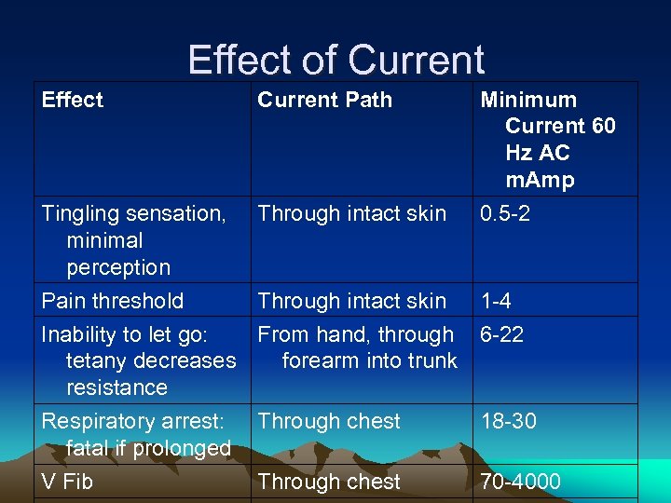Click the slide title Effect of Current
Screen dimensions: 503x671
tap(335, 61)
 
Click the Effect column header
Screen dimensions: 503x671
tap(73, 100)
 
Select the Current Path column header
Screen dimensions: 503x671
tap(324, 100)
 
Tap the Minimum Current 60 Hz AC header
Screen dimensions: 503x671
tap(547, 139)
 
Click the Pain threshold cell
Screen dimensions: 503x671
tap(112, 301)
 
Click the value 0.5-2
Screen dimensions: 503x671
tap(505, 213)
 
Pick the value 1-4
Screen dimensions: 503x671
tap(496, 301)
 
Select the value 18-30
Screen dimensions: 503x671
tap(508, 421)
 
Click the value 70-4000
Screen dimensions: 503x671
tap(520, 482)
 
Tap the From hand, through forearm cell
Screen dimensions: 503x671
tap(357, 347)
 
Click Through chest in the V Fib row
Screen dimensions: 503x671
tap(329, 482)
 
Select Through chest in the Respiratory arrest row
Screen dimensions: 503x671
tap(329, 421)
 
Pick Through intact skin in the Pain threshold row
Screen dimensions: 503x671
tap(351, 301)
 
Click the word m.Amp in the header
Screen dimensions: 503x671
tap(540, 180)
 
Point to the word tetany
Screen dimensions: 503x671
tap(97, 360)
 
